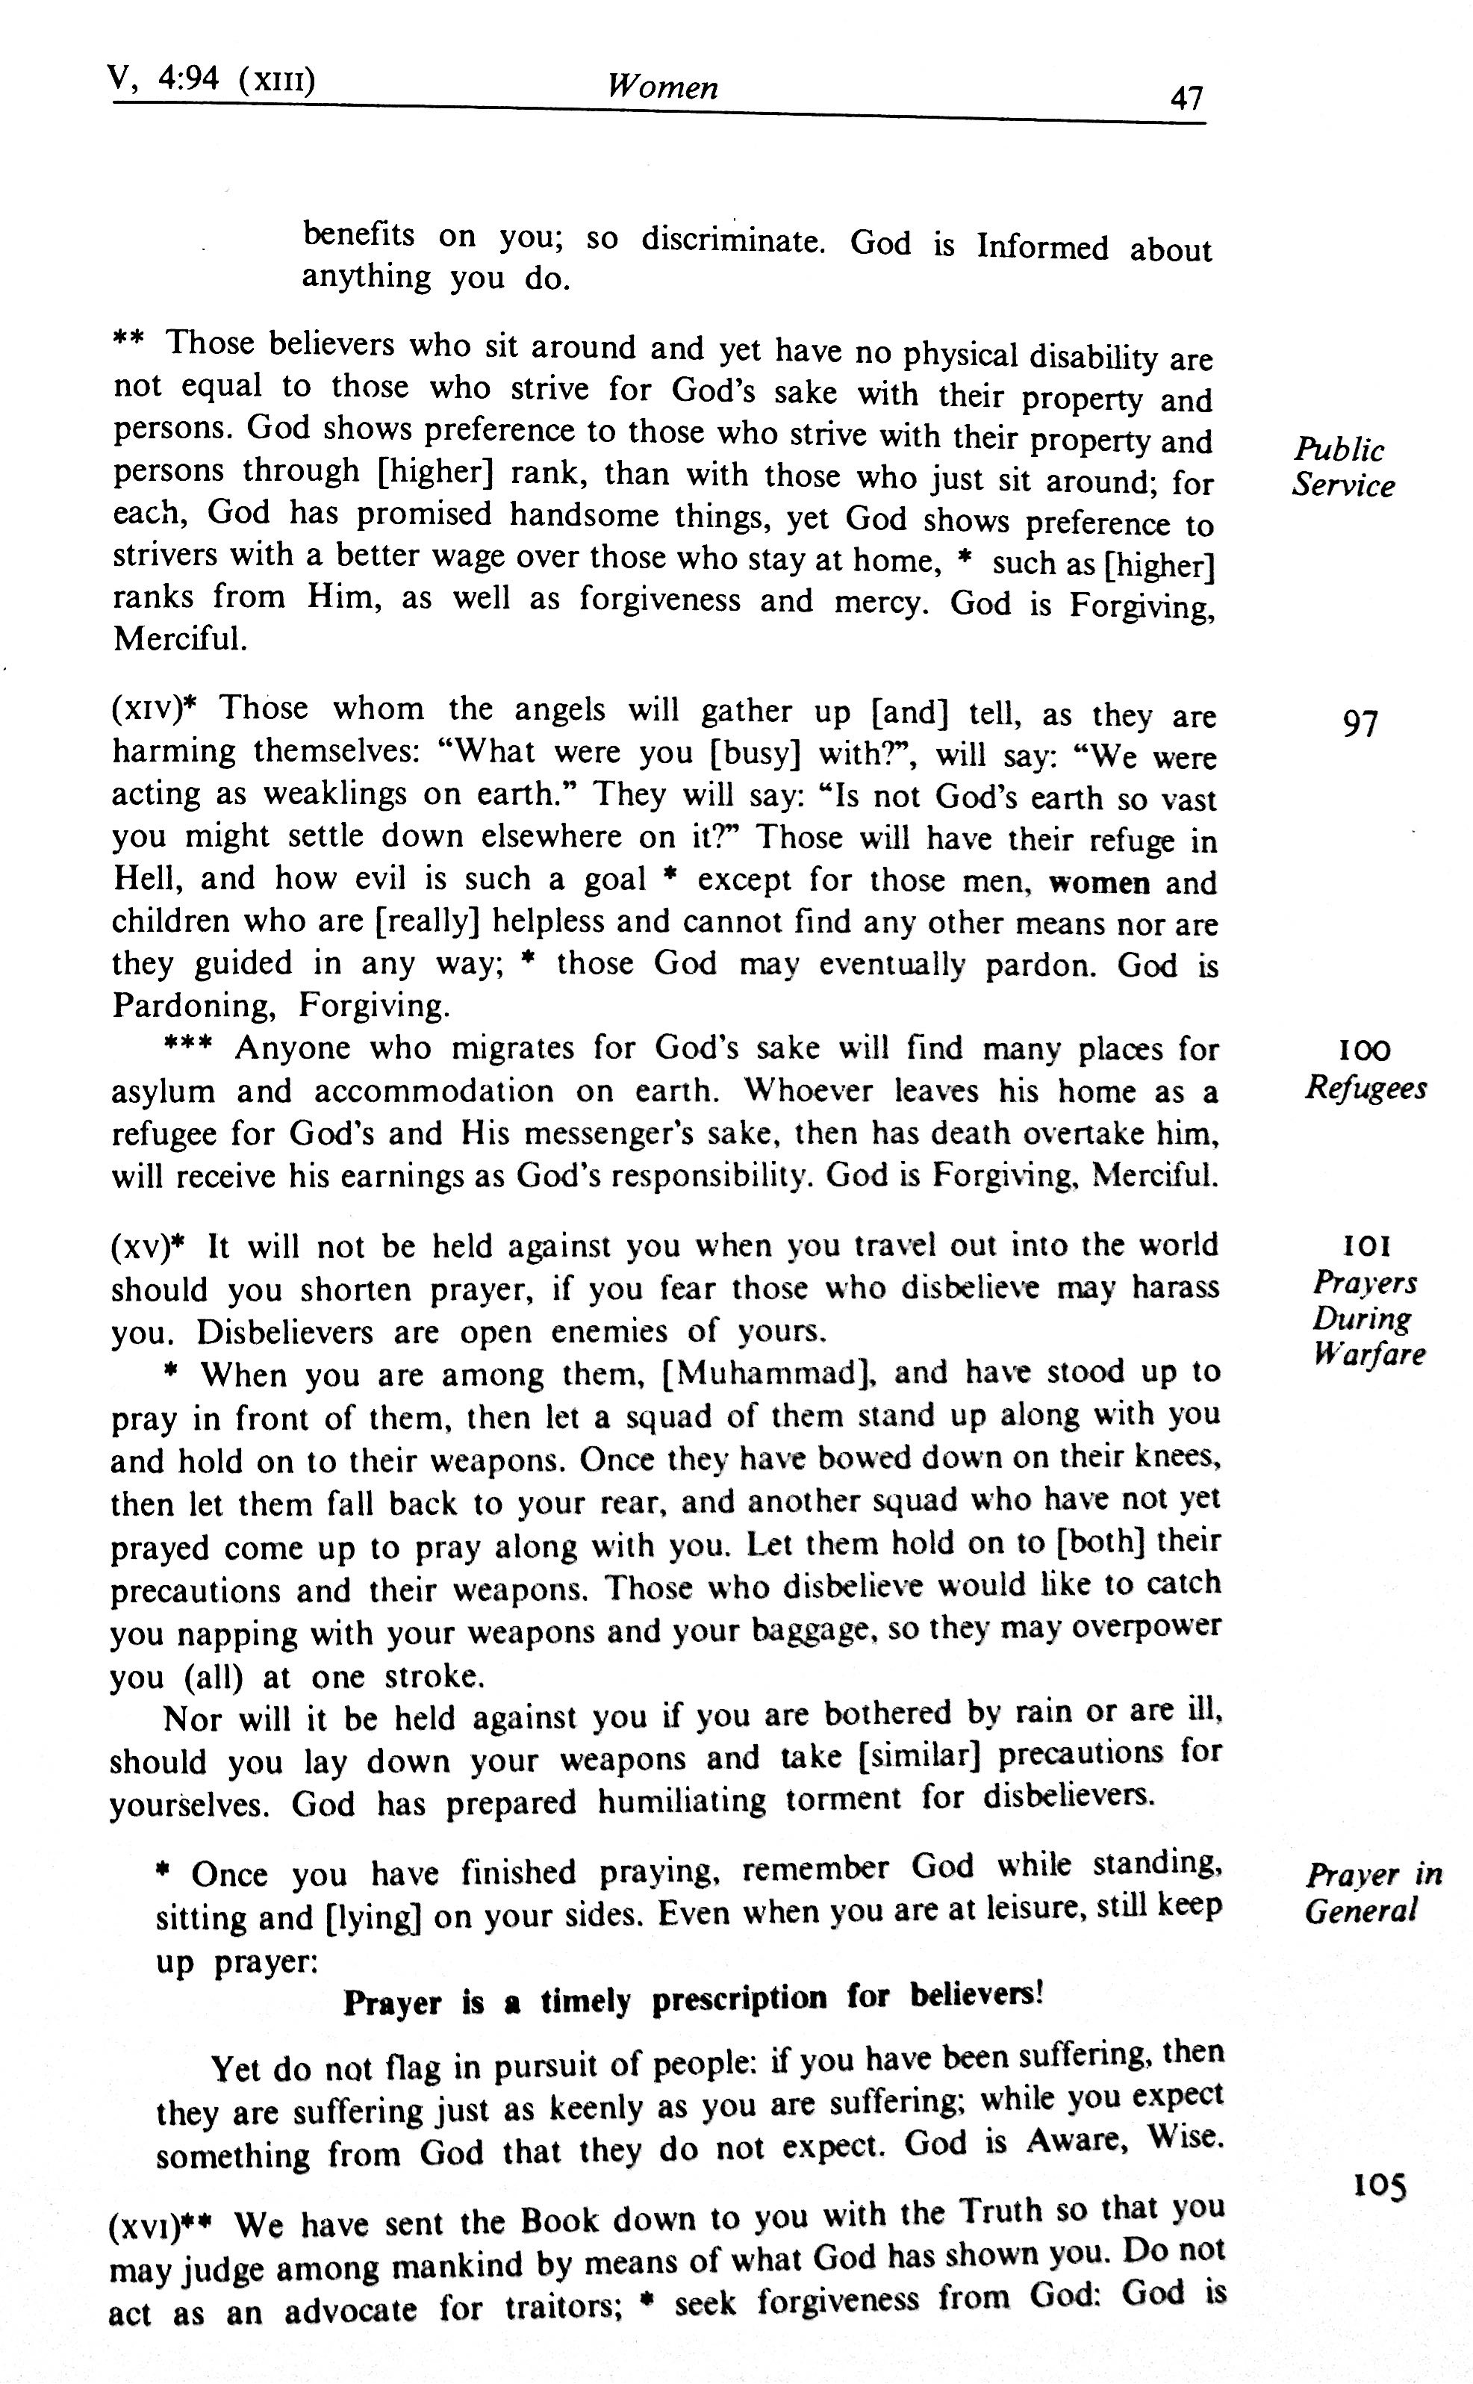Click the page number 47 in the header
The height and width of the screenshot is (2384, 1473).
point(1186,99)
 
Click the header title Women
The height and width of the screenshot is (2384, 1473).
point(662,87)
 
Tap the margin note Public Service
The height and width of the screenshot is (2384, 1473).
point(1342,467)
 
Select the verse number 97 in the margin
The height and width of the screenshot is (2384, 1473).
point(1360,724)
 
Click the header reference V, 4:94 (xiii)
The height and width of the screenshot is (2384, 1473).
point(212,78)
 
